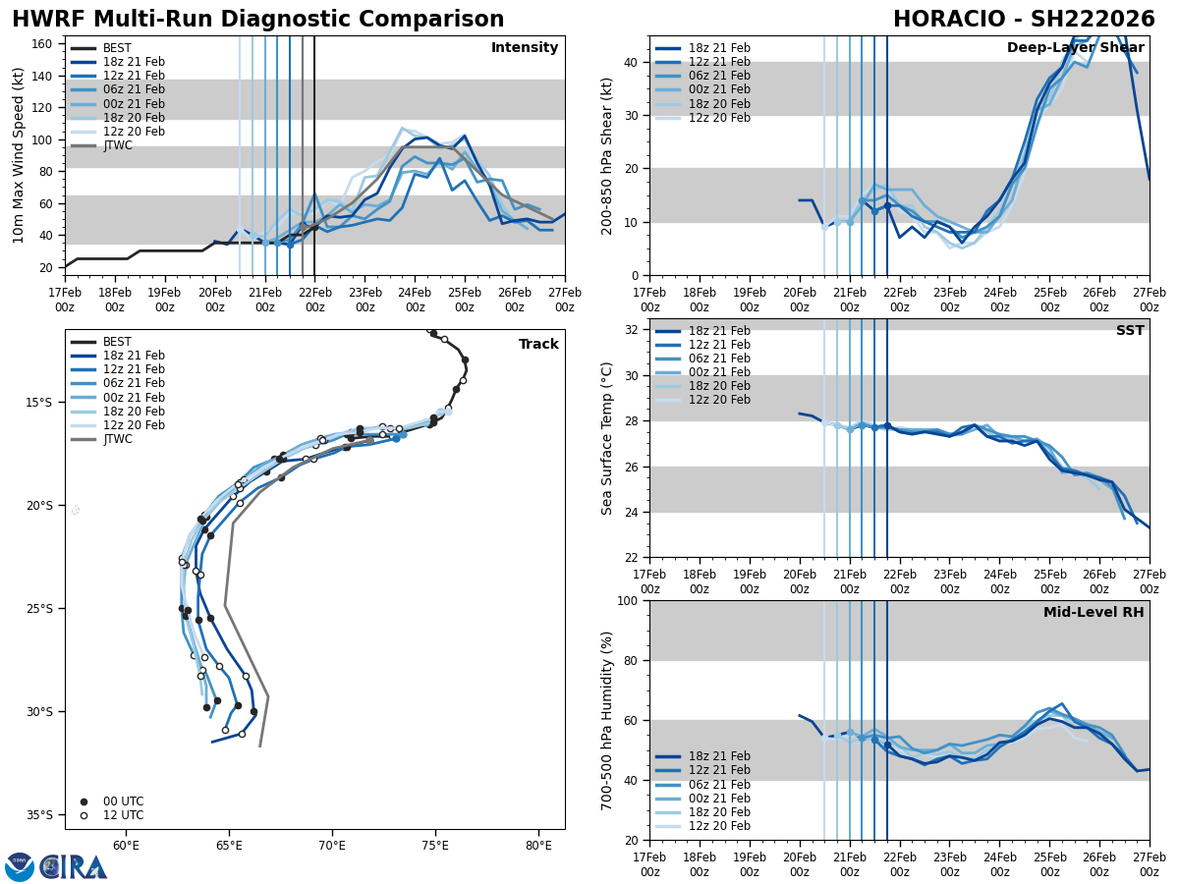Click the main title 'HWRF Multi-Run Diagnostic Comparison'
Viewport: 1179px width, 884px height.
pyautogui.click(x=257, y=20)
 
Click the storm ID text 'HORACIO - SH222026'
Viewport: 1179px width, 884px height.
pyautogui.click(x=1024, y=20)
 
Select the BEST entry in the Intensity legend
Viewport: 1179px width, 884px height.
pyautogui.click(x=116, y=48)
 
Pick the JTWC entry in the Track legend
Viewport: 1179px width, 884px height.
pyautogui.click(x=117, y=439)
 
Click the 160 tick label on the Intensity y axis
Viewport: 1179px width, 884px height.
pyautogui.click(x=43, y=43)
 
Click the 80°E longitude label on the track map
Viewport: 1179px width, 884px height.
pyautogui.click(x=538, y=844)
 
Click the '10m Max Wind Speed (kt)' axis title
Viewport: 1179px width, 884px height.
pyautogui.click(x=19, y=155)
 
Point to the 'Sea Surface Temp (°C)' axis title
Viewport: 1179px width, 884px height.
pyautogui.click(x=607, y=438)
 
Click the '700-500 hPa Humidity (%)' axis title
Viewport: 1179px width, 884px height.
pyautogui.click(x=607, y=720)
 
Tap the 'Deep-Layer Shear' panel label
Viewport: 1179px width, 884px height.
pyautogui.click(x=1075, y=48)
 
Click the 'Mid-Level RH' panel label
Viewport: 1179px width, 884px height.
pyautogui.click(x=1093, y=613)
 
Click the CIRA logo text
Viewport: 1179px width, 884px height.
pyautogui.click(x=74, y=867)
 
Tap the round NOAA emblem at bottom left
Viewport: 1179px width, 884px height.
pyautogui.click(x=20, y=867)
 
